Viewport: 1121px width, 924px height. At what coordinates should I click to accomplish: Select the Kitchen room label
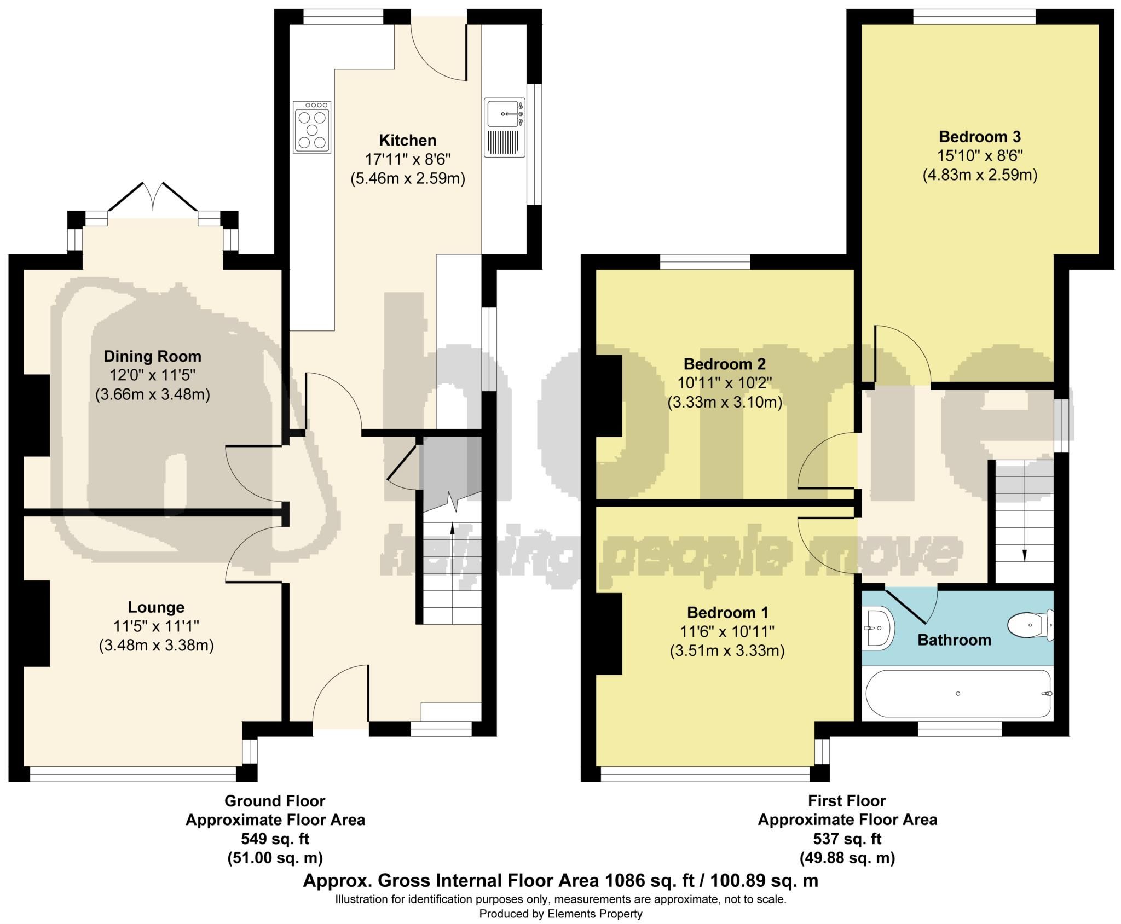tap(408, 141)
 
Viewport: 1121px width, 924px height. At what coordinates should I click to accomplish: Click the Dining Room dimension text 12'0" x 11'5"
tap(152, 375)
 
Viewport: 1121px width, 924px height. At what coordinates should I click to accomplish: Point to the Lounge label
tap(156, 607)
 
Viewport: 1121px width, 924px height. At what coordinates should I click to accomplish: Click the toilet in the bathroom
tap(1029, 625)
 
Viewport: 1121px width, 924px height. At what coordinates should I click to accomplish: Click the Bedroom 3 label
tap(980, 137)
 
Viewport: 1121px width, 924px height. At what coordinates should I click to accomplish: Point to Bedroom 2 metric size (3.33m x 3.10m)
tap(725, 403)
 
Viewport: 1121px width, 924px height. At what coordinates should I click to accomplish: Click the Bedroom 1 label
tap(727, 612)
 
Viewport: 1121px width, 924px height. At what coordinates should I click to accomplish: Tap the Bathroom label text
tap(954, 640)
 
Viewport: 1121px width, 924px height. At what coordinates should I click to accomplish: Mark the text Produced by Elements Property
tap(560, 914)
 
